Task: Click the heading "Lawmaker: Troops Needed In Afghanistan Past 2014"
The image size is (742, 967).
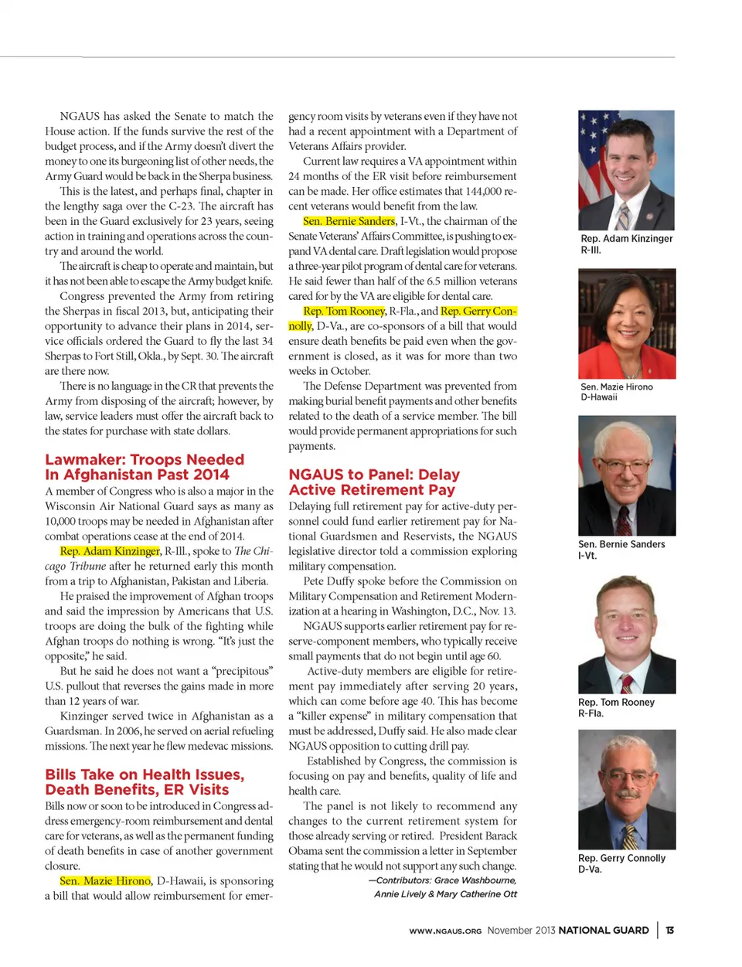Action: (x=145, y=467)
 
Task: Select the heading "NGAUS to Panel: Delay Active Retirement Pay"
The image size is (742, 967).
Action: (x=374, y=482)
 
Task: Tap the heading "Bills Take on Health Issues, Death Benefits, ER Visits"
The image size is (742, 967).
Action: (x=145, y=781)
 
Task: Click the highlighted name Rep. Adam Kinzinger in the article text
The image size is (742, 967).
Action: (x=110, y=551)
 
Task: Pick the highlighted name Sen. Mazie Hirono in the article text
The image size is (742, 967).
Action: (x=105, y=880)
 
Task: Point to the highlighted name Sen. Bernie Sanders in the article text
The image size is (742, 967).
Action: (x=349, y=221)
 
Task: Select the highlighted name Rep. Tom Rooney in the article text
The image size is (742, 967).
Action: (x=344, y=311)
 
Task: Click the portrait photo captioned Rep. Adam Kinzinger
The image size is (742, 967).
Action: (x=626, y=170)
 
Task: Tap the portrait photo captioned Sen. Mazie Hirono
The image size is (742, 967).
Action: (x=626, y=323)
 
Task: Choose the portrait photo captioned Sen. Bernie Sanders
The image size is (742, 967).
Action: (x=626, y=475)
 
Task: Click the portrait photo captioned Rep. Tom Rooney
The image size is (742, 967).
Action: (x=626, y=634)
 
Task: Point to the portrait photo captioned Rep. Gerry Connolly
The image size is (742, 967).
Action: (x=626, y=789)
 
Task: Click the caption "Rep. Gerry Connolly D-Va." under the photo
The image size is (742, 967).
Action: (x=621, y=863)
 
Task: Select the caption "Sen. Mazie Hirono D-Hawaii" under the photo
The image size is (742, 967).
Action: (x=616, y=392)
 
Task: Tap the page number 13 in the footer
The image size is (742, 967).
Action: (x=669, y=930)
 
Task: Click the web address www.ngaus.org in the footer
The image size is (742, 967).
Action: (x=445, y=931)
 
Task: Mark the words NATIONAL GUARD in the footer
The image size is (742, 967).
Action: (x=603, y=930)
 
